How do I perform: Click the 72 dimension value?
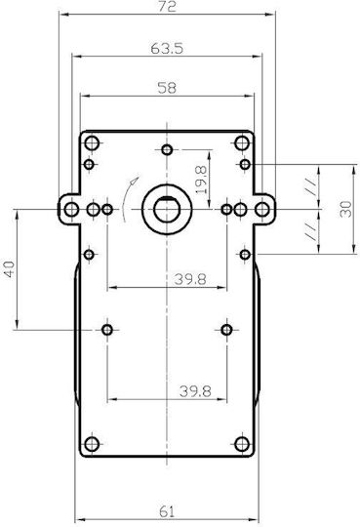pos(167,6)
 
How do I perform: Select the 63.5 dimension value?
pos(167,49)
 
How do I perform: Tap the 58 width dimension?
pos(167,88)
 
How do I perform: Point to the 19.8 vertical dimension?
pos(201,180)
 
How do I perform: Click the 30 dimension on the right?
pos(346,209)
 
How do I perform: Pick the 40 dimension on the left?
pos(10,269)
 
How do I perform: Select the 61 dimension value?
pos(167,512)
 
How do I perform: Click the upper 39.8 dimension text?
pos(190,279)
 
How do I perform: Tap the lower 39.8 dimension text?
pos(195,391)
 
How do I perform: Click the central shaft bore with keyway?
pos(167,210)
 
